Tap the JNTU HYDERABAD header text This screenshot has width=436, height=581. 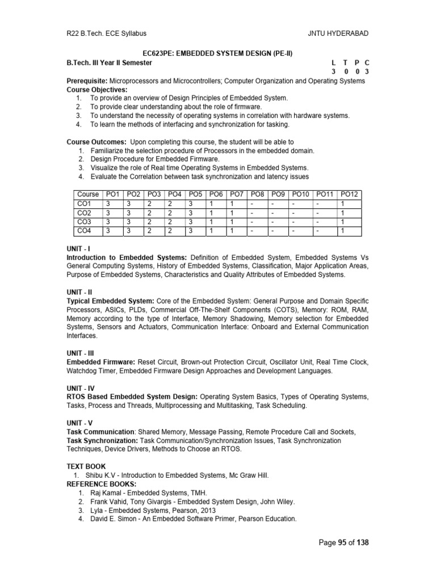(x=338, y=34)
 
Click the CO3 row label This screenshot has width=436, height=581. (x=84, y=222)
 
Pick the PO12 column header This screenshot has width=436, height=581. (x=350, y=194)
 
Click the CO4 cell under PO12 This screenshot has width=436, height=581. (x=342, y=231)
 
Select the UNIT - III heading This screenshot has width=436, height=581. (x=81, y=352)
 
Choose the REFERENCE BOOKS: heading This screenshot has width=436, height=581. (x=102, y=484)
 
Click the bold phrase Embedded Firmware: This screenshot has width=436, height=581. (x=100, y=361)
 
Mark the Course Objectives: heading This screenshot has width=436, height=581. (x=97, y=90)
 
